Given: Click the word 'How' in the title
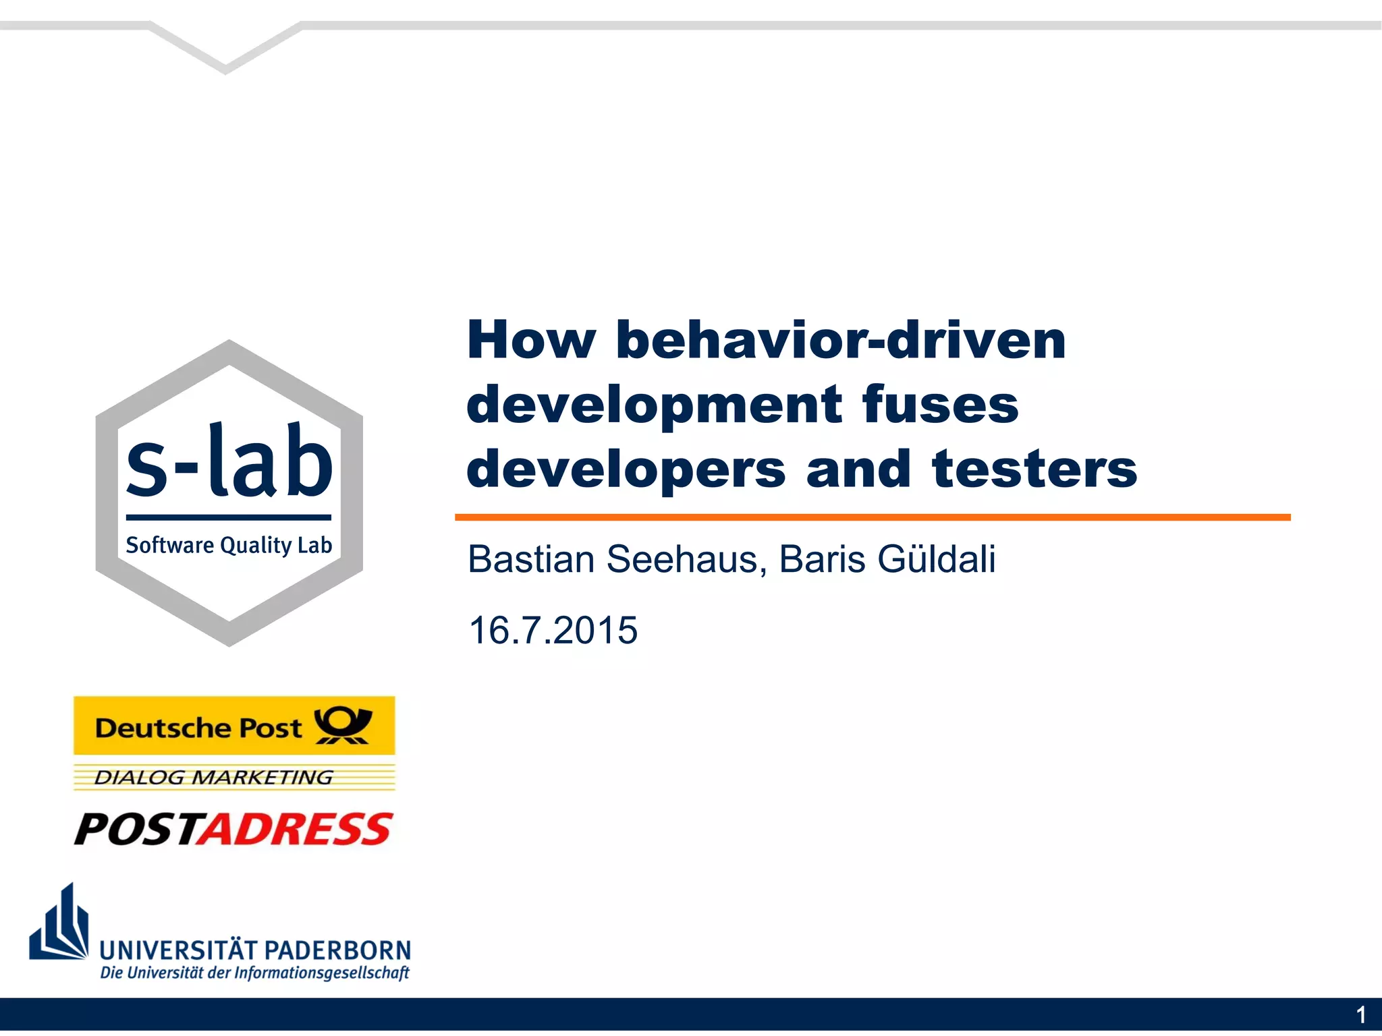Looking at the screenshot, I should tap(531, 340).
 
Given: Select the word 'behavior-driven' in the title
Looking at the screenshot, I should tap(841, 340).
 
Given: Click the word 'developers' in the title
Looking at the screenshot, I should tap(626, 469).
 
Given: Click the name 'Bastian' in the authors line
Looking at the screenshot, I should tap(531, 559).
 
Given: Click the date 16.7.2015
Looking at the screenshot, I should tap(553, 630).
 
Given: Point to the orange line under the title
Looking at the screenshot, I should tap(872, 517).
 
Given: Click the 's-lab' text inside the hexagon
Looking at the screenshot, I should tap(229, 463).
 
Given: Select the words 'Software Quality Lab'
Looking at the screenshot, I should tap(229, 545).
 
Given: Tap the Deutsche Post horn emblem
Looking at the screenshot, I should tap(343, 725).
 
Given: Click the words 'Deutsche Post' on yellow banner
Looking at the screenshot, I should tap(198, 728).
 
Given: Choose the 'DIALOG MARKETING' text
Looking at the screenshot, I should tap(213, 778).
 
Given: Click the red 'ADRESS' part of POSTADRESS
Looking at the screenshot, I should tap(296, 829).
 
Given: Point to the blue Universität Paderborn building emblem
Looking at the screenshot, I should tap(60, 924).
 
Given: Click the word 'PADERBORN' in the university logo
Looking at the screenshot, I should tap(341, 950).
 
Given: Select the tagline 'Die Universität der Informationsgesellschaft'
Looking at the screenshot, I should tap(254, 973).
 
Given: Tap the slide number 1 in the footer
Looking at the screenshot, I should tap(1360, 1015).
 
